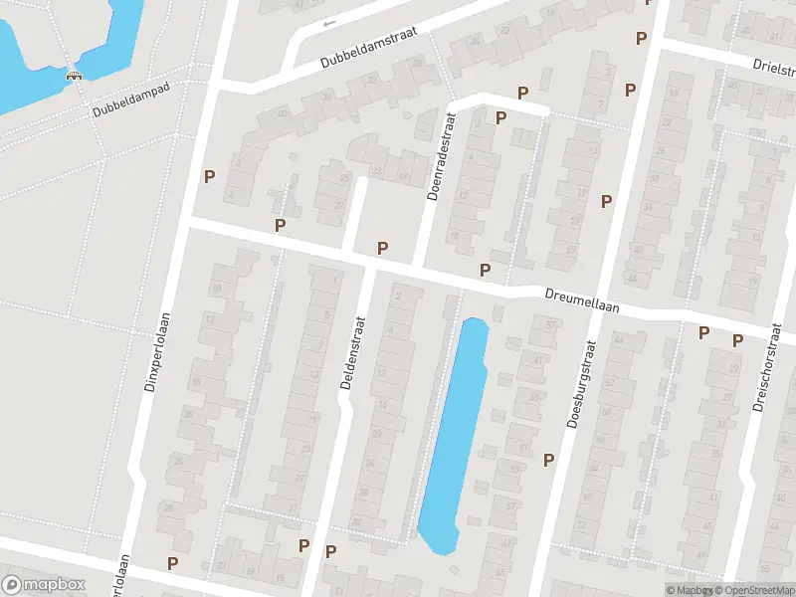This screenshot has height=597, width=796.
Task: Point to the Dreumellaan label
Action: (582, 300)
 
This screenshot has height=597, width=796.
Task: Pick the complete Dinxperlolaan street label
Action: (156, 353)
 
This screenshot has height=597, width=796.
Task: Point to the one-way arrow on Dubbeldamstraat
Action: (329, 22)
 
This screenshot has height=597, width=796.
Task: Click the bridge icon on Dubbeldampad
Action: (73, 73)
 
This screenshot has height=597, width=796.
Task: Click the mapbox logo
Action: (44, 585)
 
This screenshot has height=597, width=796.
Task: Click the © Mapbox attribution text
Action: (690, 590)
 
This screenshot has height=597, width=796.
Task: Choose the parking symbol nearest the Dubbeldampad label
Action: (209, 176)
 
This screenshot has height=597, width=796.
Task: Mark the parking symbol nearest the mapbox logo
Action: (173, 563)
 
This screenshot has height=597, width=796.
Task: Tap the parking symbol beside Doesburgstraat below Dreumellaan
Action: (548, 460)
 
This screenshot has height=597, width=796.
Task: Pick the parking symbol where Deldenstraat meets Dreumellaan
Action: (382, 247)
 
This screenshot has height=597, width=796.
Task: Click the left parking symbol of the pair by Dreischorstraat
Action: (704, 333)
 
